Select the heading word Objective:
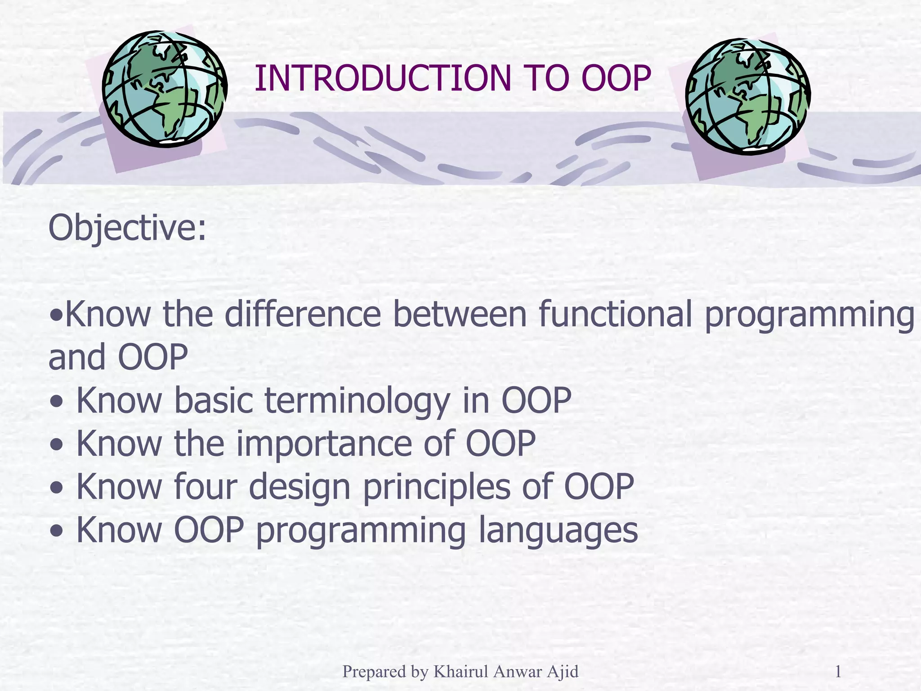point(127,229)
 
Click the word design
point(299,488)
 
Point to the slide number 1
point(838,672)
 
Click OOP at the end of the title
point(616,78)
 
